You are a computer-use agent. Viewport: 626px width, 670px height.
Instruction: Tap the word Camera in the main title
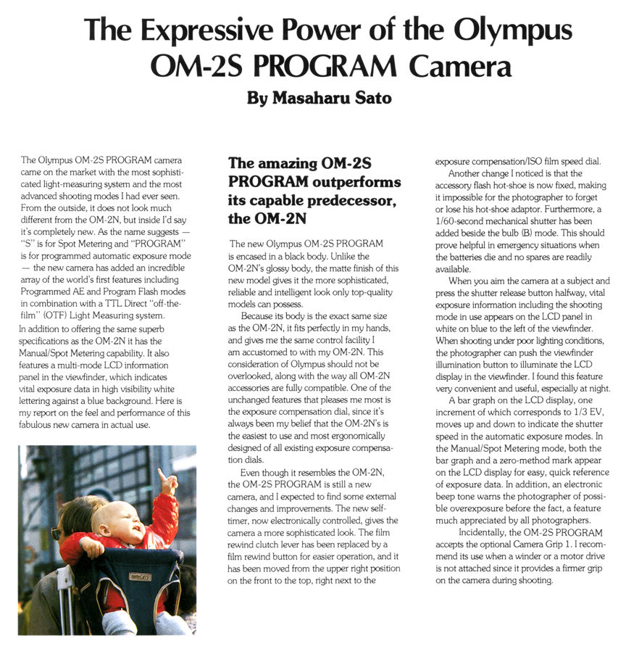(461, 66)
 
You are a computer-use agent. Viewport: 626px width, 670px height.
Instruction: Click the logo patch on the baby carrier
(138, 576)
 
